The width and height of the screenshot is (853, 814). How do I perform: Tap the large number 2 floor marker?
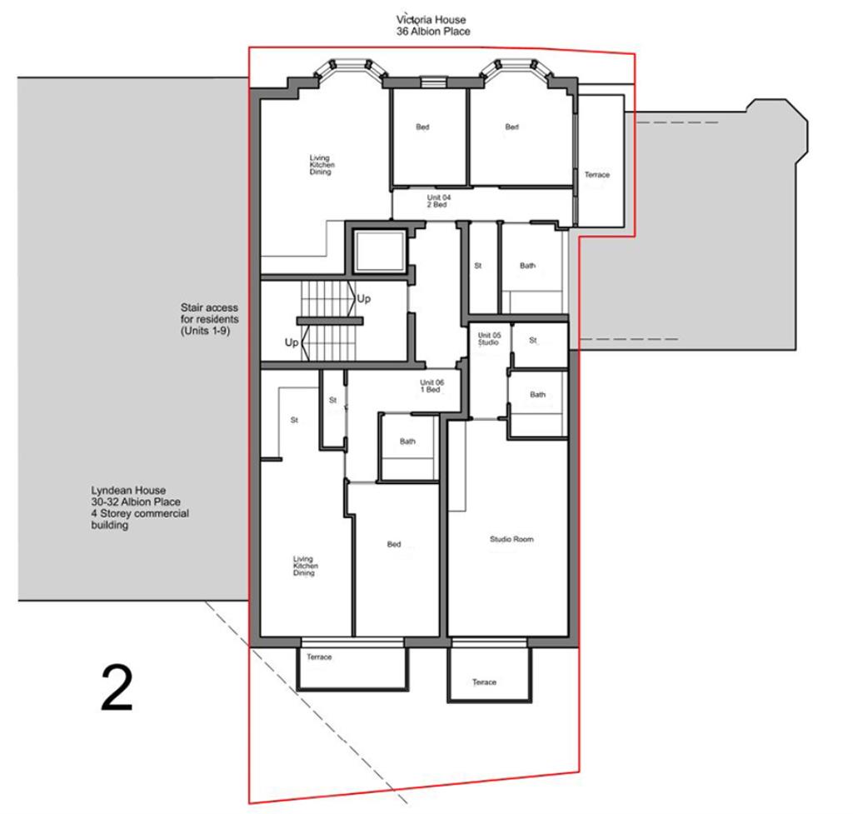tap(117, 688)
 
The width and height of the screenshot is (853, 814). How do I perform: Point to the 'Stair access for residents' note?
tap(210, 319)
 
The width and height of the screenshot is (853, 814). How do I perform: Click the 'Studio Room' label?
tap(511, 540)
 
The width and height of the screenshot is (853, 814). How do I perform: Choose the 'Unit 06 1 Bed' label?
tap(431, 387)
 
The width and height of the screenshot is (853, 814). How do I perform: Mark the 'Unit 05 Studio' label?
tap(489, 339)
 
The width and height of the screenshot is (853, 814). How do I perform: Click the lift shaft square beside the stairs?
tap(377, 250)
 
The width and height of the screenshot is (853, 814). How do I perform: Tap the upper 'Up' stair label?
tap(364, 298)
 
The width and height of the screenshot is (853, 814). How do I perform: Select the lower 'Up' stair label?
tap(292, 342)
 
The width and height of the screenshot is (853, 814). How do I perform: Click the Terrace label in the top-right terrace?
tap(596, 175)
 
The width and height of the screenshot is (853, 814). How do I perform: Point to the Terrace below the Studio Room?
tap(485, 682)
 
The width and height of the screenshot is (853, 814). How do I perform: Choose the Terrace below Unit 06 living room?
tap(319, 657)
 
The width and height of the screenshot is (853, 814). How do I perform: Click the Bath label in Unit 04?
tap(527, 266)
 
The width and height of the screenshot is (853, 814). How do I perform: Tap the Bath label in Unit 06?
tap(407, 442)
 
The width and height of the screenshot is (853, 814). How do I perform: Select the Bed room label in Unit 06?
tap(394, 544)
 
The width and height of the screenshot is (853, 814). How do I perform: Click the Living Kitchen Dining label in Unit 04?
tap(322, 165)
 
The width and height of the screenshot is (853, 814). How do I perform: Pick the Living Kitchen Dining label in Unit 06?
tap(305, 567)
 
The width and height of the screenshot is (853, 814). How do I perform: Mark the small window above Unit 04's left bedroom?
tap(431, 82)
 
